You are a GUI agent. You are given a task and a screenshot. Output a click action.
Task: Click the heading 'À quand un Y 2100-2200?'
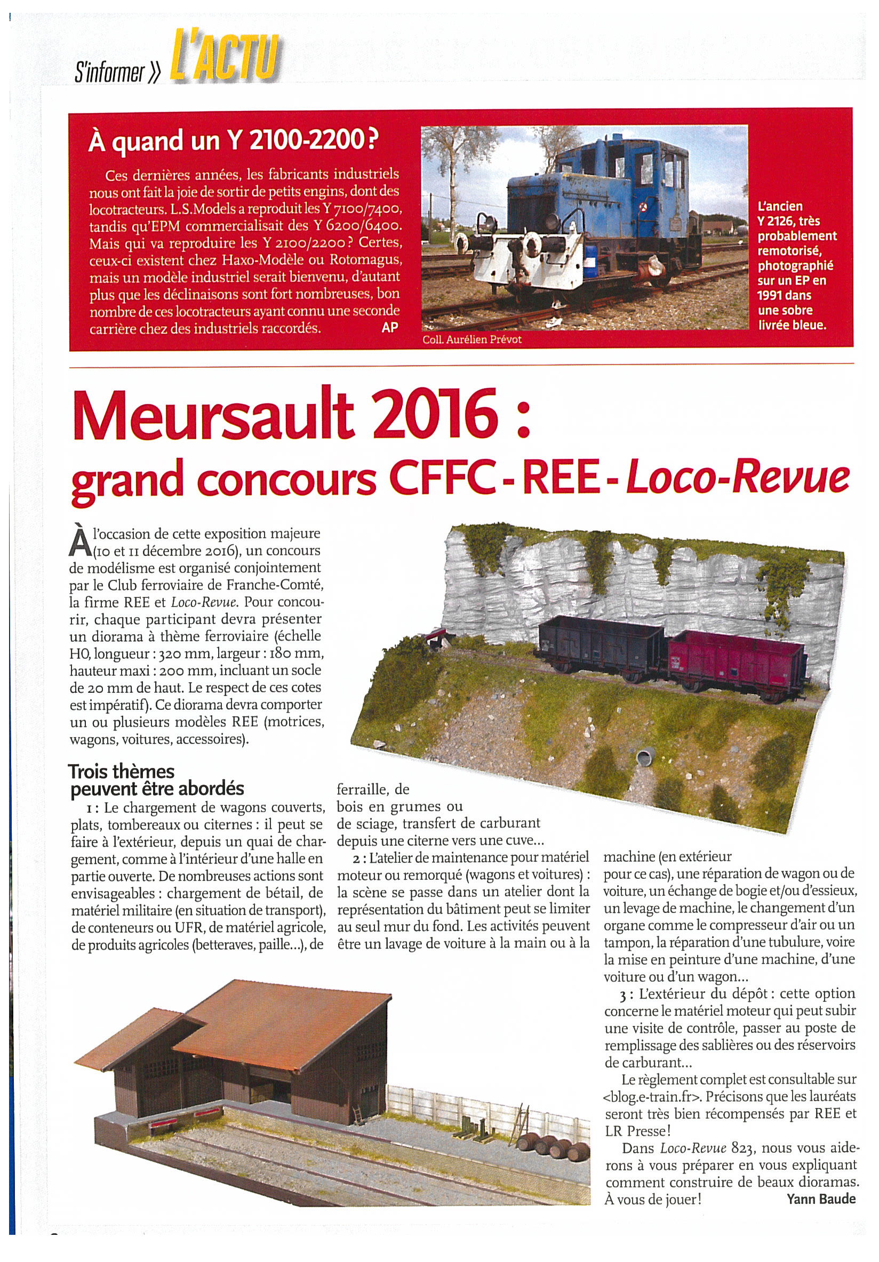click(x=234, y=141)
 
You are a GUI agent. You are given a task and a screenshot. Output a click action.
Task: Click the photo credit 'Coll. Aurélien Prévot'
click(x=472, y=339)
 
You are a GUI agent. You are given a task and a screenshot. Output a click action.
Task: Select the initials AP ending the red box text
click(x=389, y=328)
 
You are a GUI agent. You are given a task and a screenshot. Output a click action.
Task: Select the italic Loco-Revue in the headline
click(x=738, y=476)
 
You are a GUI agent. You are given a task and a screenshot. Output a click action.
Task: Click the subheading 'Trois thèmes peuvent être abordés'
click(x=156, y=781)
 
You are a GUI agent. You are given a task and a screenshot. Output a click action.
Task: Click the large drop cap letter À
click(x=81, y=541)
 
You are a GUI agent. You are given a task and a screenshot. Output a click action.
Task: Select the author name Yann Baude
click(x=821, y=1199)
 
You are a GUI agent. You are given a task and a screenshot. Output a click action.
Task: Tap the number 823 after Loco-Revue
click(x=744, y=1147)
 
